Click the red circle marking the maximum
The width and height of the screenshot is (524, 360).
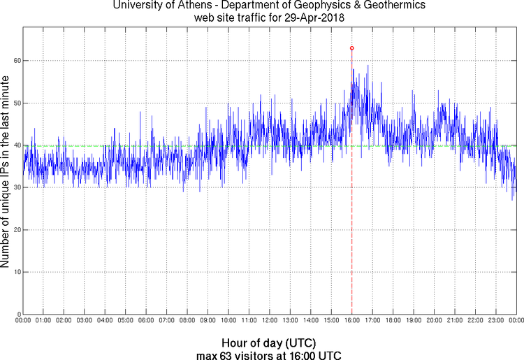pos(351,48)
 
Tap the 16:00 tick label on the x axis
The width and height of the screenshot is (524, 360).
pos(351,321)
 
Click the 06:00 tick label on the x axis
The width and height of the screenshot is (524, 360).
pos(146,321)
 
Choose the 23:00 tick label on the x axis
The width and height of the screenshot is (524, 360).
pos(496,321)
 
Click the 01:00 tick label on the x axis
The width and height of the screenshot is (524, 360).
pos(43,321)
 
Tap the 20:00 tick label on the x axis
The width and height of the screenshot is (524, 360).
pos(434,321)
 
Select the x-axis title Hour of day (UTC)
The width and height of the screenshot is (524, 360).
pos(269,343)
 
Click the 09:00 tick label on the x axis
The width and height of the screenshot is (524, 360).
pos(208,321)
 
